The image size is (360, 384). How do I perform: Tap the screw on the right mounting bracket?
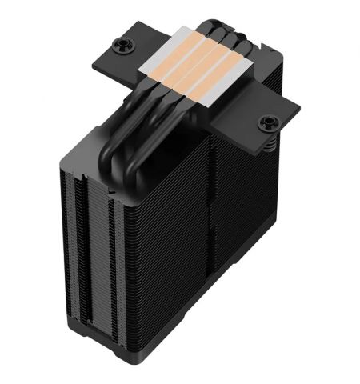pyautogui.click(x=268, y=123)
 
